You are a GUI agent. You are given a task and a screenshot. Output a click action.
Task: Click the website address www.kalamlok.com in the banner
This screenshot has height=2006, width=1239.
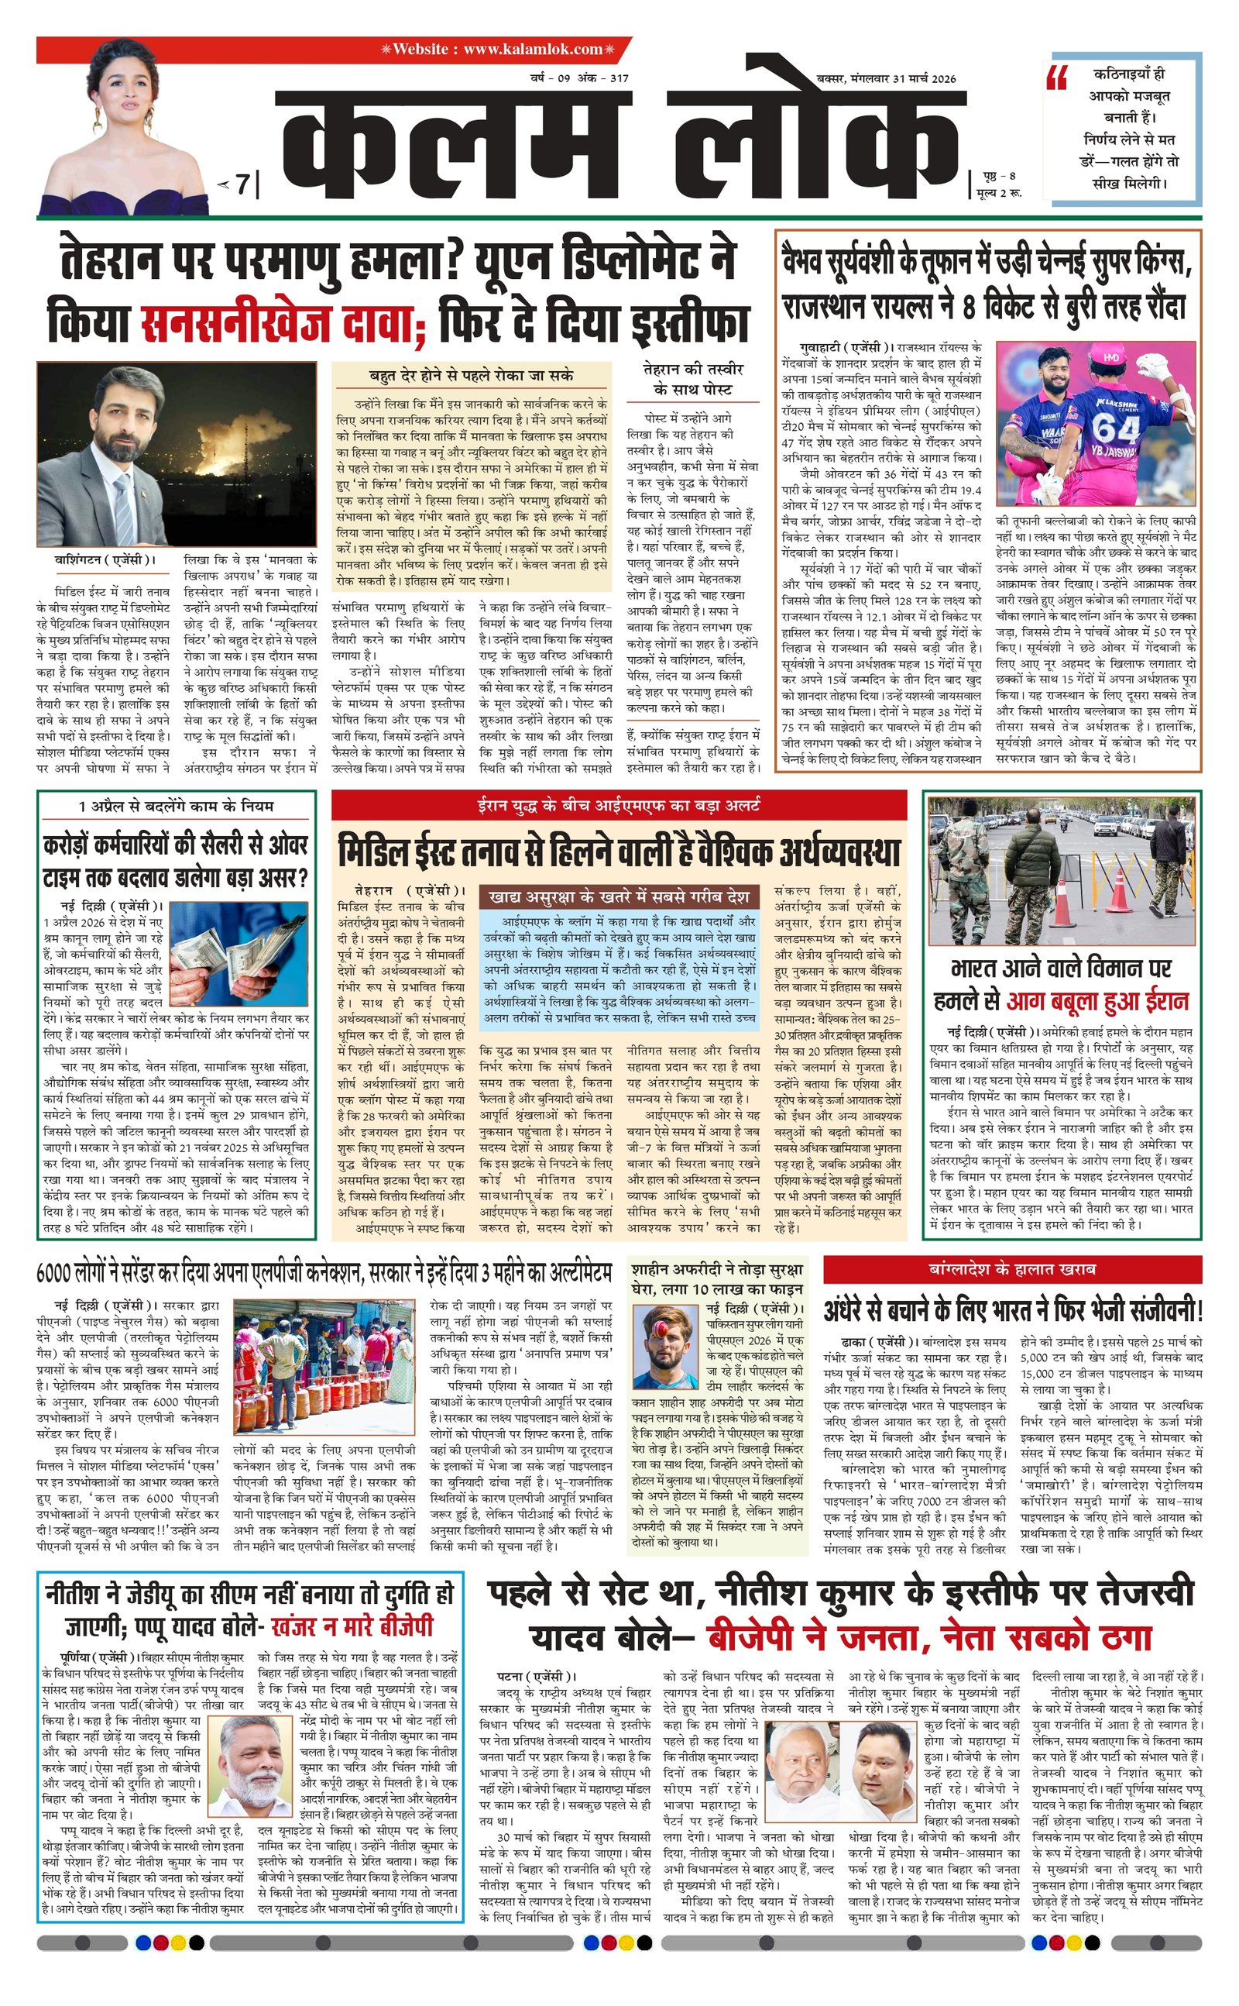pos(533,49)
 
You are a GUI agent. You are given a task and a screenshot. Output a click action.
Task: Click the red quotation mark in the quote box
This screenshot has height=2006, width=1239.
pos(1058,78)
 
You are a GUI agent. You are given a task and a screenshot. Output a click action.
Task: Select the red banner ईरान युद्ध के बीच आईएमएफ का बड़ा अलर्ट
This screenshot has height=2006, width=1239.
pos(619,805)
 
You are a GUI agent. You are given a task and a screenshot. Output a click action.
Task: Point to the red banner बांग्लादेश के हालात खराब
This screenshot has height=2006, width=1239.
pos(1012,1270)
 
